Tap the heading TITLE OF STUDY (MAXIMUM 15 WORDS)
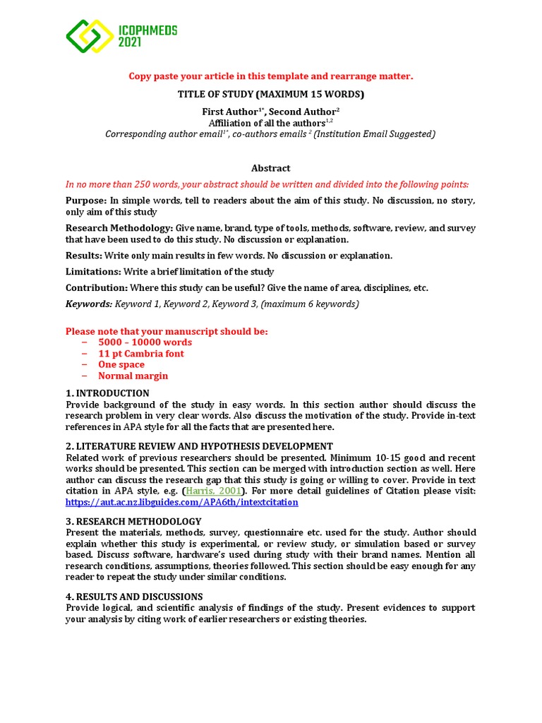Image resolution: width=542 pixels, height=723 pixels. (x=270, y=95)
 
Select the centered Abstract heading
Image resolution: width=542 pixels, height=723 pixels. (x=271, y=168)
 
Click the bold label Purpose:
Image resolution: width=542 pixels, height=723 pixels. (x=86, y=201)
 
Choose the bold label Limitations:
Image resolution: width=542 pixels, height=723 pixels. (x=92, y=272)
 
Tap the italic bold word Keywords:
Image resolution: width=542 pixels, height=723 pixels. (x=89, y=304)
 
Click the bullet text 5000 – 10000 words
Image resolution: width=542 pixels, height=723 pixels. (x=145, y=342)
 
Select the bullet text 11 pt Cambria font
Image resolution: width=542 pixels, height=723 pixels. (x=140, y=354)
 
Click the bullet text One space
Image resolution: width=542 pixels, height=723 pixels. (x=121, y=365)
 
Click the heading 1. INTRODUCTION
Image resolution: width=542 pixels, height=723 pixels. (x=107, y=393)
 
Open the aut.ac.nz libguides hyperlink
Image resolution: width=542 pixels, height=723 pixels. (x=182, y=502)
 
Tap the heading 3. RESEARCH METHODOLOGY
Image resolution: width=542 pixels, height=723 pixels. (x=133, y=521)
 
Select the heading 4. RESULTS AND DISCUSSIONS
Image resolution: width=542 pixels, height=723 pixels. (x=134, y=597)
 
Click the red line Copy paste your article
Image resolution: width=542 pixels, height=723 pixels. (x=270, y=76)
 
